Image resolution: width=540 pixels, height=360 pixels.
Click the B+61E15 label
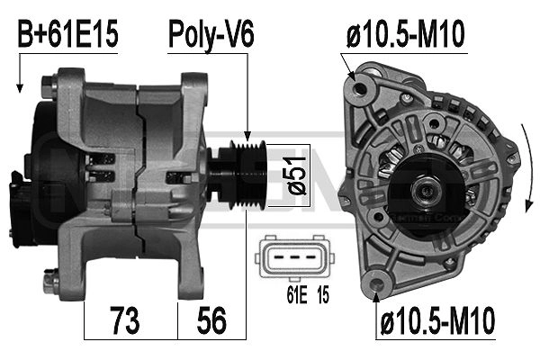click(x=68, y=35)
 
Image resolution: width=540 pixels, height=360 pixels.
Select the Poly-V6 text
click(x=211, y=35)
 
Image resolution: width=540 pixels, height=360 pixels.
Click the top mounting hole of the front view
click(x=364, y=88)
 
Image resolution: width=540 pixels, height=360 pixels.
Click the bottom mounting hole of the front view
click(x=376, y=286)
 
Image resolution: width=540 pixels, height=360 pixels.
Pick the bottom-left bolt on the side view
click(x=56, y=287)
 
